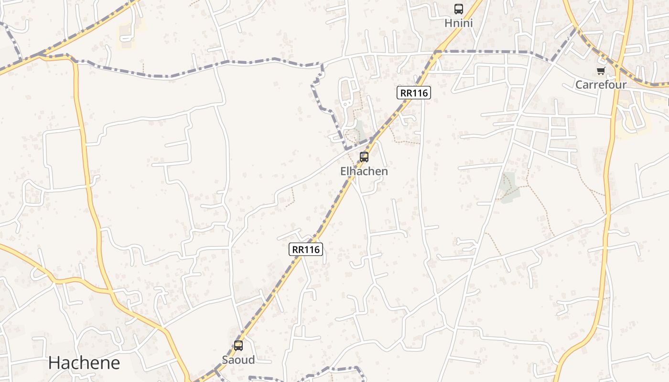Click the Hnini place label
coord(458,23)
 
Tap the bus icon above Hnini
coord(458,9)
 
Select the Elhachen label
coord(364,171)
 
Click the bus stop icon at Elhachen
coord(364,157)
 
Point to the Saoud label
coord(238,360)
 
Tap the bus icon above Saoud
coord(238,346)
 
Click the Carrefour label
coord(600,85)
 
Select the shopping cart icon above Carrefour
coord(601,71)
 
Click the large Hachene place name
coord(84,363)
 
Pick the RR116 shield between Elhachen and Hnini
coord(413,93)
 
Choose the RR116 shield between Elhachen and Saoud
coord(306,249)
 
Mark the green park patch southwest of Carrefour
coord(508,188)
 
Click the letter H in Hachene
coord(53,363)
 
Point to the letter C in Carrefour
coord(579,85)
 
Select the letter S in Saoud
coord(225,360)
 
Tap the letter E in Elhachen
coord(343,171)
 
